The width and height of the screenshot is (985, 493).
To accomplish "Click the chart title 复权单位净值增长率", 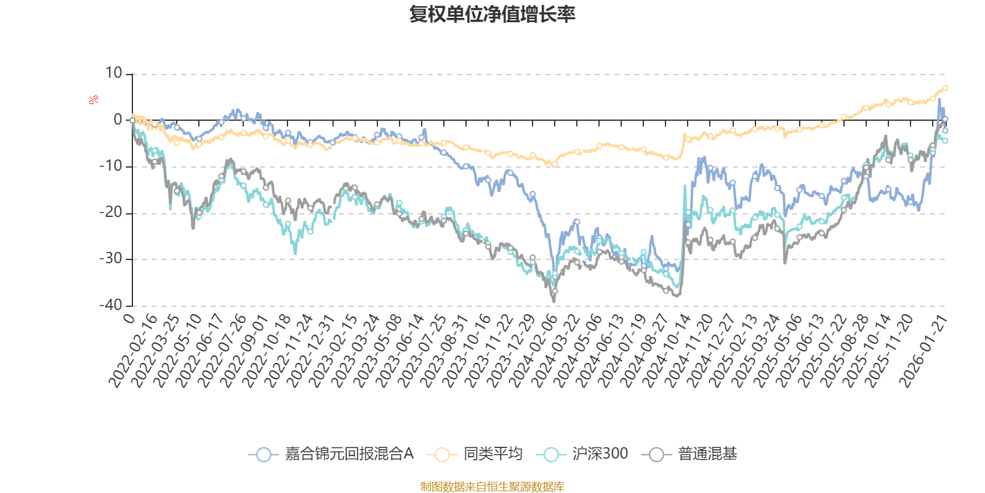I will point(492,14).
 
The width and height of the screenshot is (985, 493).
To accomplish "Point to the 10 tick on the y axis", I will point(114,73).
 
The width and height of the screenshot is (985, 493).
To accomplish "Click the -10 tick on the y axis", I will point(111,166).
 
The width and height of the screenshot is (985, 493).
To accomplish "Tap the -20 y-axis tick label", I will point(111,213).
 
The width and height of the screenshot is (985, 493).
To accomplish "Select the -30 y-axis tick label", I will point(111,259).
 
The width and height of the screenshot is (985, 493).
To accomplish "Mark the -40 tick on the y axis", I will point(111,305).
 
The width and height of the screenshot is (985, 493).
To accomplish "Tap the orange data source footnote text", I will point(492,487).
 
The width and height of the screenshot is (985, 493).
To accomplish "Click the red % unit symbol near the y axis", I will point(94,100).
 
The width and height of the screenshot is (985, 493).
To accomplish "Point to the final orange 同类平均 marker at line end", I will point(945,88).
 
